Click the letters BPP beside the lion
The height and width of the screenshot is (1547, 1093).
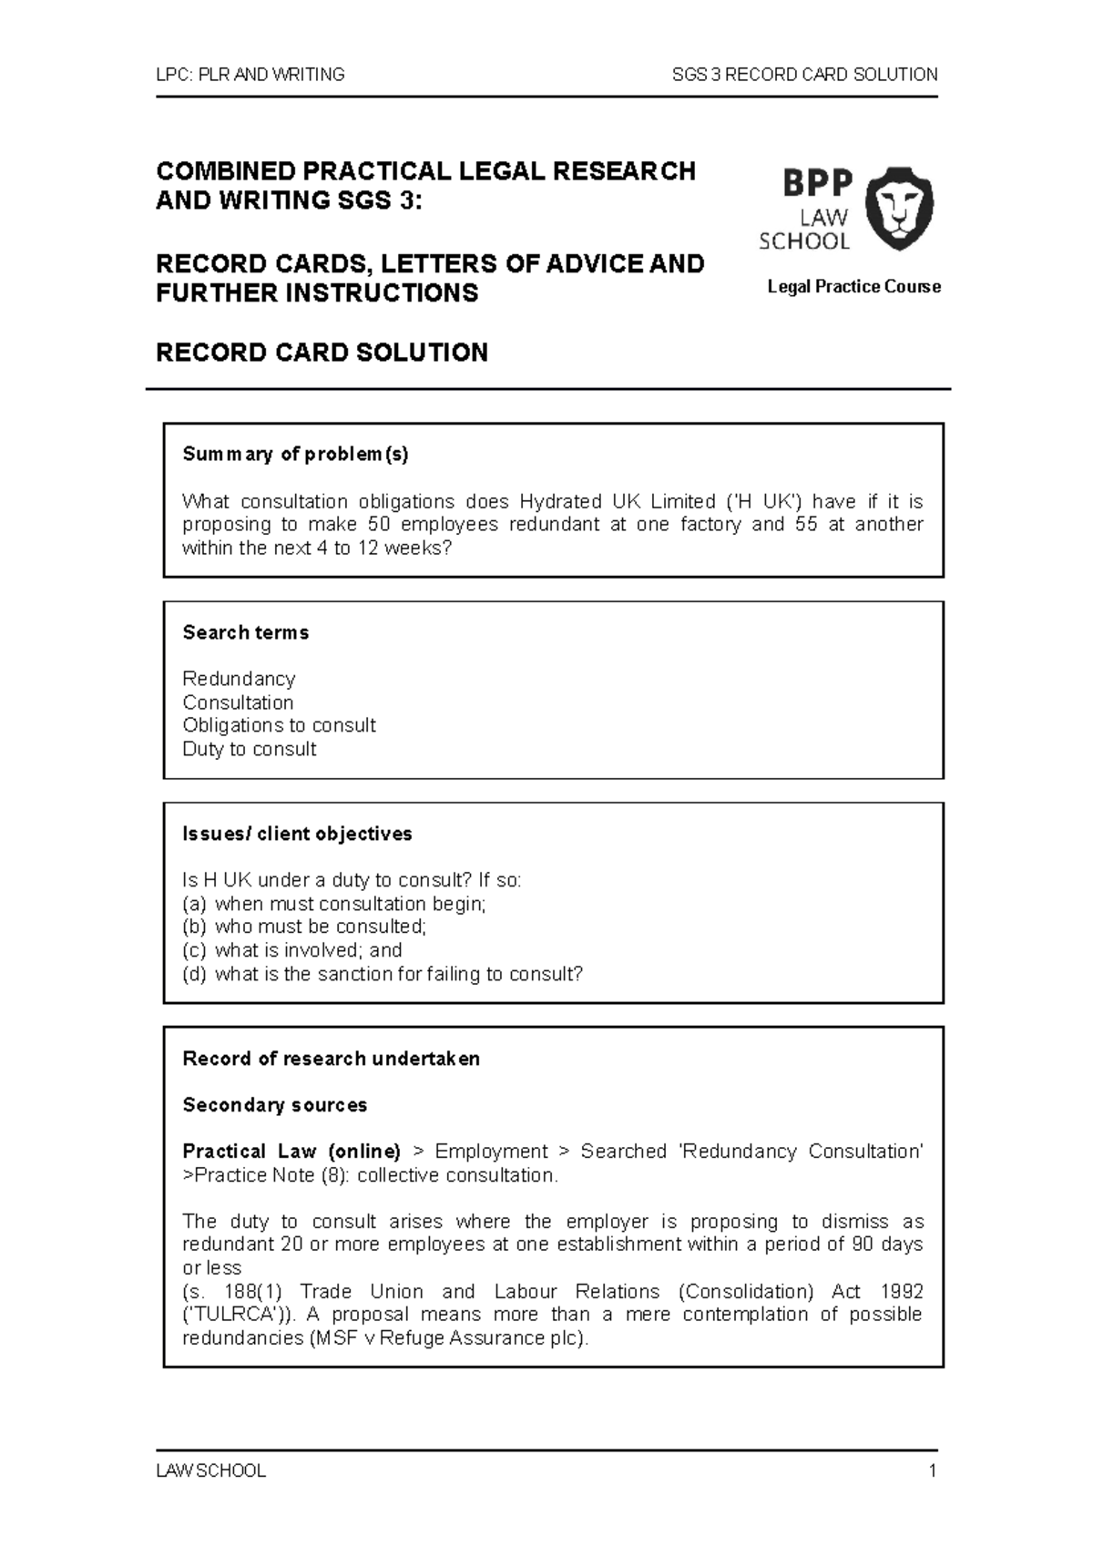(x=817, y=185)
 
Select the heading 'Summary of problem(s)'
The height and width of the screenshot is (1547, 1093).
(x=295, y=454)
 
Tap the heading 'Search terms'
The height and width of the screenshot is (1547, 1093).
(x=245, y=632)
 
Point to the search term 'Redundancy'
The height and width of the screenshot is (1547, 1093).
(x=239, y=679)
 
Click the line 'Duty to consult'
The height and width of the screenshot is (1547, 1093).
(x=249, y=749)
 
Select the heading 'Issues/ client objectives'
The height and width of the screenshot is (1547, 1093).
(x=297, y=834)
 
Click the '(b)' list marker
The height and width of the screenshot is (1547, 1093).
(x=194, y=927)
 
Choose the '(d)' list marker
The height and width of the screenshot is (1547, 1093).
(x=194, y=974)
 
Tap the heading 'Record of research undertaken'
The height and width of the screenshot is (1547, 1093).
(x=331, y=1059)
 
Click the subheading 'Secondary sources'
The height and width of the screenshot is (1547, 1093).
(x=274, y=1105)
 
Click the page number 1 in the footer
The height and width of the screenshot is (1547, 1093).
(x=932, y=1470)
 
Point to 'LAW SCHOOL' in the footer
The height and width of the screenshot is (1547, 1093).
(x=210, y=1470)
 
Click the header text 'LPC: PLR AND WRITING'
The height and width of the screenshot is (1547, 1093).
(x=250, y=75)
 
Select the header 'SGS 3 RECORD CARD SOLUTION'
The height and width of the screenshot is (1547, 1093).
(x=804, y=75)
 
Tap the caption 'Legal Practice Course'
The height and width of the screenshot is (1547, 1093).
(x=853, y=287)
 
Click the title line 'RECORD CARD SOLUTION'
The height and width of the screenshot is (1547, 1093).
(x=322, y=353)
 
